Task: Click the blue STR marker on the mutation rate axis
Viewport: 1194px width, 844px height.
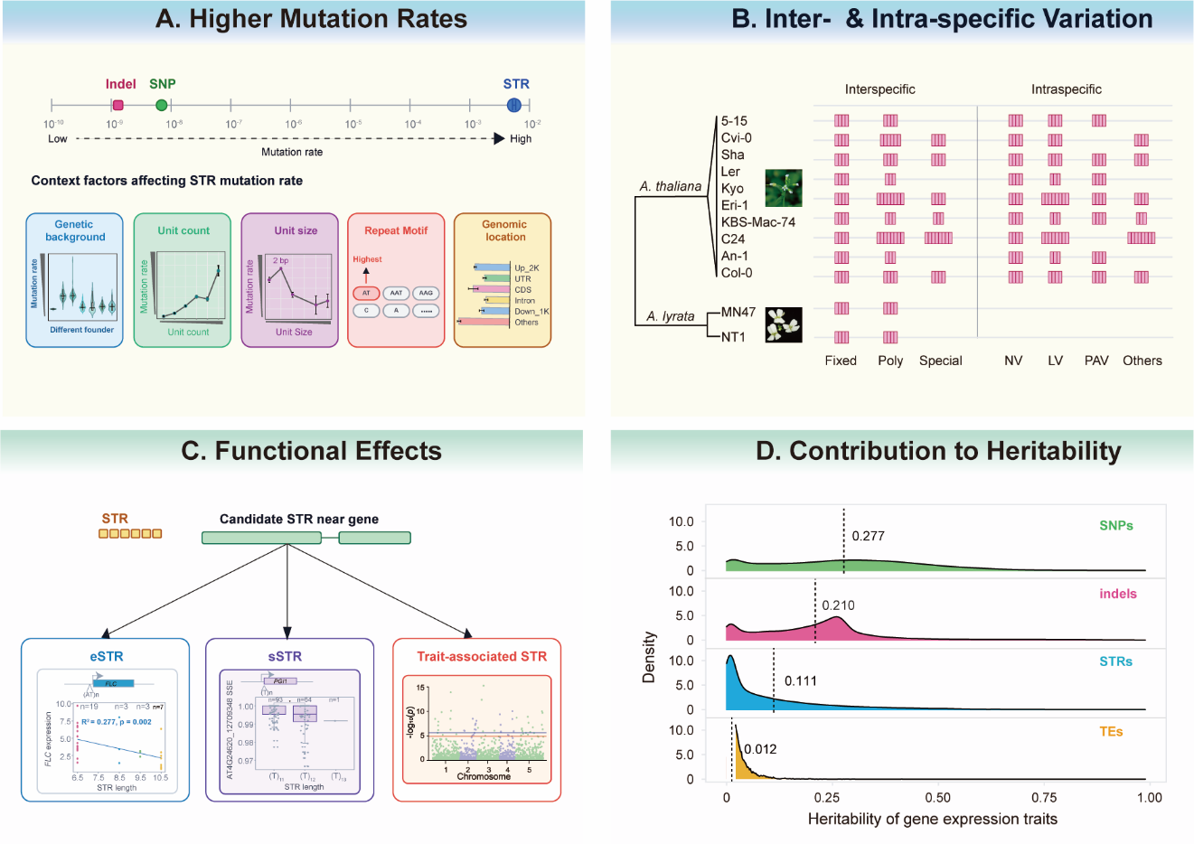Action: coord(514,105)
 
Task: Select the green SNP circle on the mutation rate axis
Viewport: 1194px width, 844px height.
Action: coord(161,105)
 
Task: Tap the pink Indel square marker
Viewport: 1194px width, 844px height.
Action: coord(118,105)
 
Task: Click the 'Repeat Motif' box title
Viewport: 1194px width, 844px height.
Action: coord(396,230)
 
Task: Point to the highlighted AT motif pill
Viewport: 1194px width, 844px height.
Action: coord(366,293)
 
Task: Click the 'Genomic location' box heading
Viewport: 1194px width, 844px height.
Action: coord(504,230)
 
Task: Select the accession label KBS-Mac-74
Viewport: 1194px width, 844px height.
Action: coord(758,222)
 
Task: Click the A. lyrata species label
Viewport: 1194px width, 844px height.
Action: coord(671,316)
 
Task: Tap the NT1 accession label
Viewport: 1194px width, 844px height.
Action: coord(733,337)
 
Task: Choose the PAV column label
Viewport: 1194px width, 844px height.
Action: coord(1096,361)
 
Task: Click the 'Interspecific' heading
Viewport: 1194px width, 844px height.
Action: coord(879,89)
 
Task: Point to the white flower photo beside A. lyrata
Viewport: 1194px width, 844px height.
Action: coord(784,324)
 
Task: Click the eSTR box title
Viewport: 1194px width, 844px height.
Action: coord(107,657)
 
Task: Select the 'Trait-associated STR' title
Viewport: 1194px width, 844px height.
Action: coord(482,657)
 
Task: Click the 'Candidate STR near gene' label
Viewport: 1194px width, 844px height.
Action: coord(299,519)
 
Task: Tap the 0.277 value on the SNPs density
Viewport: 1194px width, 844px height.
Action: coord(868,536)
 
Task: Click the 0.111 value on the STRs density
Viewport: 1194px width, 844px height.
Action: coord(800,681)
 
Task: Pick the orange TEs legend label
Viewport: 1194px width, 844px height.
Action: coord(1111,731)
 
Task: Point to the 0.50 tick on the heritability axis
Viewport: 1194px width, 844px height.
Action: coord(938,798)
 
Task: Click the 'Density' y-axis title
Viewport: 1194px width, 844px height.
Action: coord(648,657)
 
